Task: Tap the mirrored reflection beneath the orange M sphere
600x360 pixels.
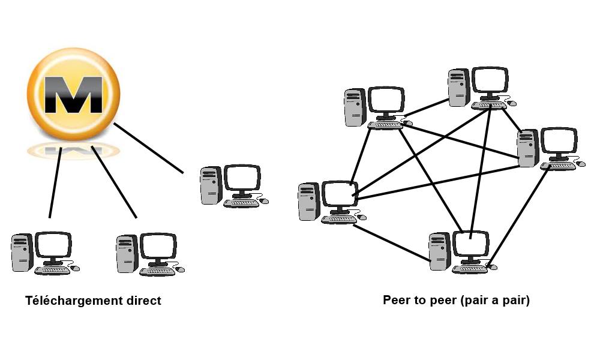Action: (70, 150)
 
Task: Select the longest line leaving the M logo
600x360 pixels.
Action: (148, 148)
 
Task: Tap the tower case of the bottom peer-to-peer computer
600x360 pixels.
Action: (439, 252)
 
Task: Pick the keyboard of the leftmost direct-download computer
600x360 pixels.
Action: (52, 271)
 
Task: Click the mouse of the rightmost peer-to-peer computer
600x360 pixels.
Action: (580, 164)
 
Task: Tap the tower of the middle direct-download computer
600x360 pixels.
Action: (127, 253)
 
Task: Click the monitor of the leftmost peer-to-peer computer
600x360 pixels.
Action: (340, 195)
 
